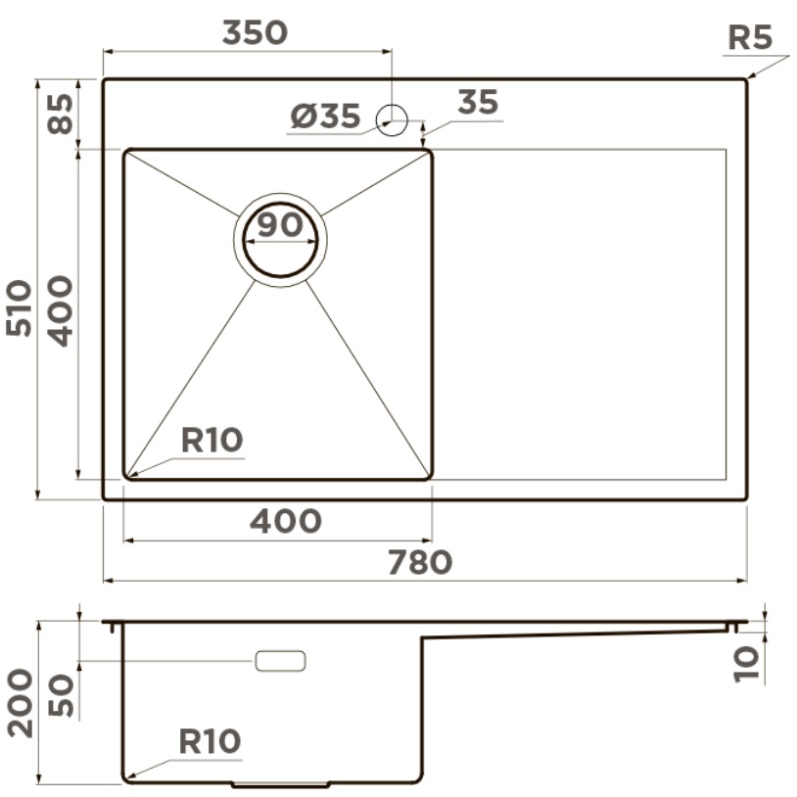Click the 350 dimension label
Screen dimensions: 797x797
click(x=256, y=32)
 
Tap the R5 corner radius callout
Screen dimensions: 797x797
click(x=750, y=37)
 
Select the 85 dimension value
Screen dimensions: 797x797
click(x=61, y=114)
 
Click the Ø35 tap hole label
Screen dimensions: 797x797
click(x=325, y=116)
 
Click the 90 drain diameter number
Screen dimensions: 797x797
click(x=280, y=224)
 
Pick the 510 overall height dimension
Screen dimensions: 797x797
click(x=20, y=307)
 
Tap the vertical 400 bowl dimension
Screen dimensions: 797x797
click(x=61, y=311)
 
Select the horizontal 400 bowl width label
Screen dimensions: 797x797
click(x=286, y=521)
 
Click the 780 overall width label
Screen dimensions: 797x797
click(x=420, y=562)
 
